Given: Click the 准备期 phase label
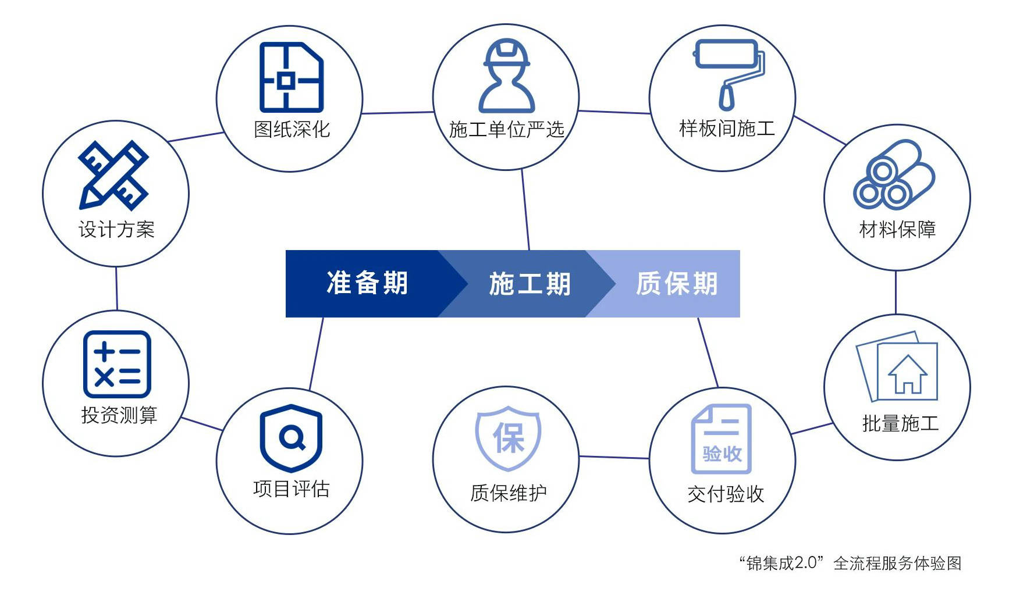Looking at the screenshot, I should [x=367, y=284].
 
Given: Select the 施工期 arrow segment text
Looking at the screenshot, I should [x=529, y=284].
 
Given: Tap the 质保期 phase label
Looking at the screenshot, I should [x=676, y=284].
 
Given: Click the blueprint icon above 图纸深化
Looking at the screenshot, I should [x=291, y=77].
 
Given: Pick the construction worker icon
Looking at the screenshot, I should [x=506, y=76].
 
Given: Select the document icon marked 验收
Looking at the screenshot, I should [x=722, y=439].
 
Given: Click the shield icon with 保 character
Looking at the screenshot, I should [x=508, y=438].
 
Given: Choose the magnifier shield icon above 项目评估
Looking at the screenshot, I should [x=291, y=436].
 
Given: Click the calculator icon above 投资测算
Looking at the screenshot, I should [x=117, y=364].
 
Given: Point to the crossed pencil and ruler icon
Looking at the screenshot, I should [x=114, y=174].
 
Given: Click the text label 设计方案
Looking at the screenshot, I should [x=116, y=229].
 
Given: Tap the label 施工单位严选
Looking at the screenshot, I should [x=506, y=129].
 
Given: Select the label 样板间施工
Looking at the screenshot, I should [x=727, y=129].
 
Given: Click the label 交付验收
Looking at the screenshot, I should [x=725, y=494].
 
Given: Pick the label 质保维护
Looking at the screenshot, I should [x=508, y=493].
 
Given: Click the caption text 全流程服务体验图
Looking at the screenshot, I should [x=897, y=563].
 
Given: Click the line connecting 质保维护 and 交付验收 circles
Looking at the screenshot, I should [x=614, y=457].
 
